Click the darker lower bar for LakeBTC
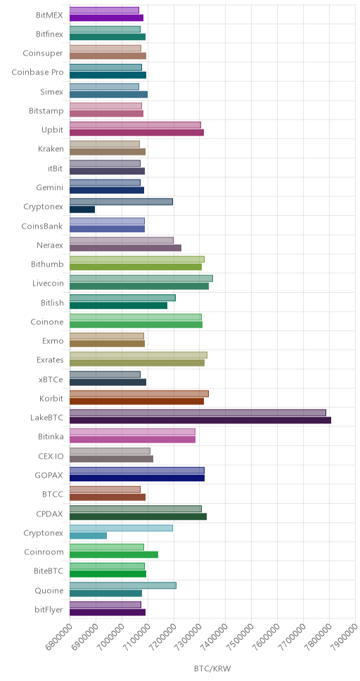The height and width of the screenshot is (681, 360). point(200,420)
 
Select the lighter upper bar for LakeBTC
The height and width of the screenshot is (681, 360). point(198,412)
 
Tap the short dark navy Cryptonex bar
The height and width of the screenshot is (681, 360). point(82,210)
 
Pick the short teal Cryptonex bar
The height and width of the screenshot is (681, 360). point(88,535)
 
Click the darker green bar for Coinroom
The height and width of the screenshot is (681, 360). point(114,554)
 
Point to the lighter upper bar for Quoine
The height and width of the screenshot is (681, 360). point(123,585)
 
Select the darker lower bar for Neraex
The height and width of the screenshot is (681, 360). point(125,248)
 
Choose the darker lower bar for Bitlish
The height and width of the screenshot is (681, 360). point(119,305)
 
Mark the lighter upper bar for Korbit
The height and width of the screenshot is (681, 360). point(139,393)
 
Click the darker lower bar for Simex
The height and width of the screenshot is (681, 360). point(108,95)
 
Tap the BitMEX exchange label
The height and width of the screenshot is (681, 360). point(49,15)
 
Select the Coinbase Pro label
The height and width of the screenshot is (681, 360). point(37,72)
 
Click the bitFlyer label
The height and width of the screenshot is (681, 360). point(49,610)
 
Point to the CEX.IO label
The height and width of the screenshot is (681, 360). point(51,456)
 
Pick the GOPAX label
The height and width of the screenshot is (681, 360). point(49,475)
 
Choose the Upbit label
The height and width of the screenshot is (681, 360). point(52,130)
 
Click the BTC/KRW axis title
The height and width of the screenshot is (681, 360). point(213,668)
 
